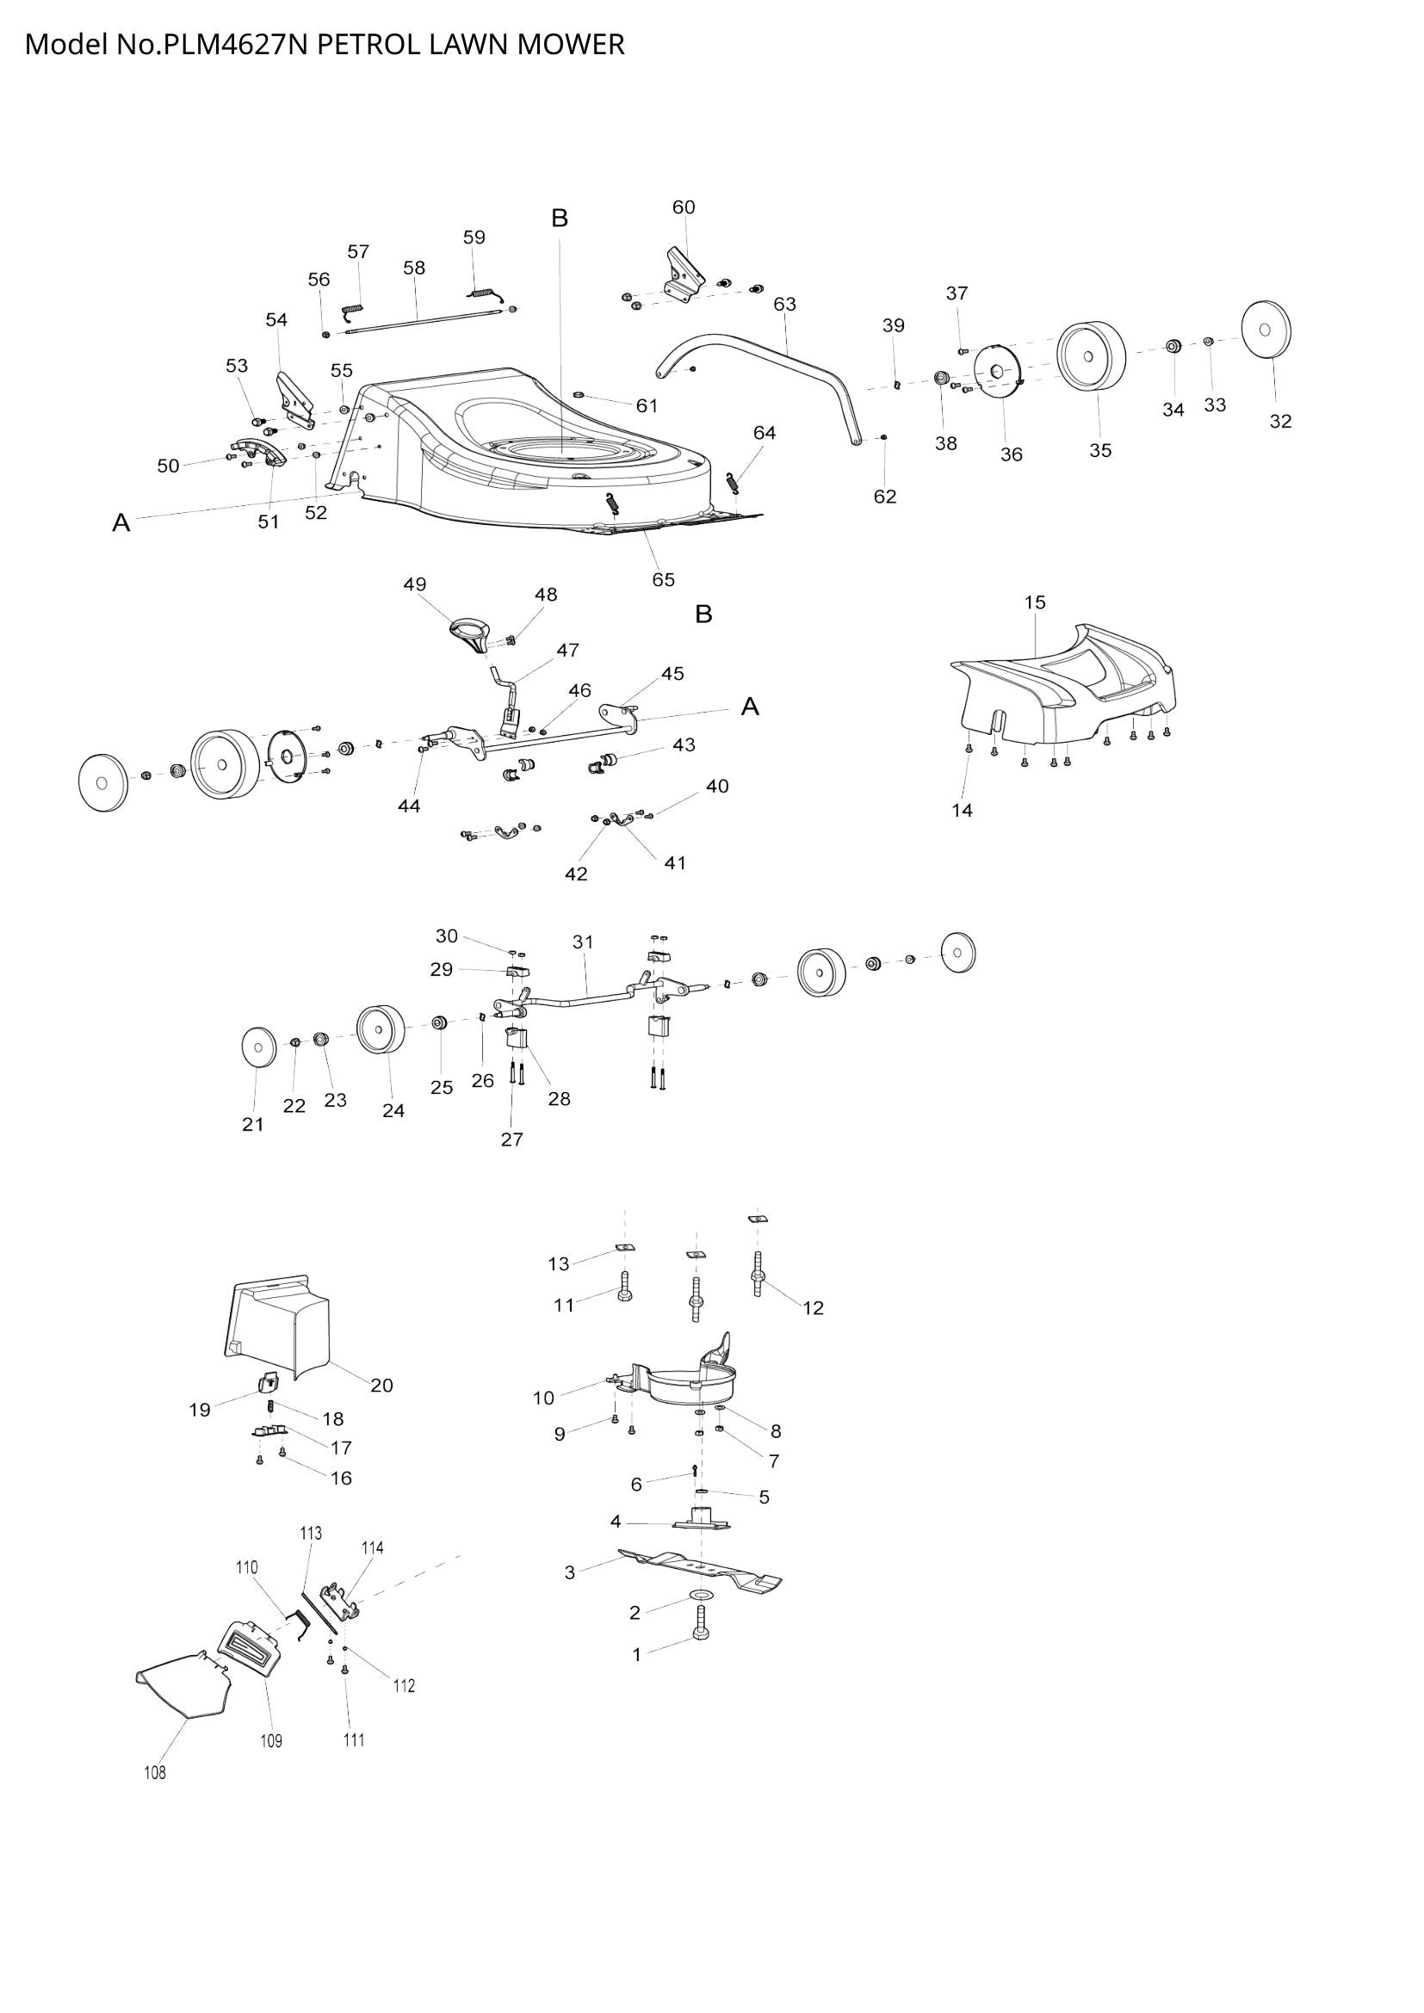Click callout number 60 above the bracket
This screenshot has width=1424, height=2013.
pyautogui.click(x=683, y=207)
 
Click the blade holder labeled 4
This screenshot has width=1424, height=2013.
pyautogui.click(x=702, y=1521)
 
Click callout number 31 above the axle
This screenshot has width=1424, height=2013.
pyautogui.click(x=583, y=942)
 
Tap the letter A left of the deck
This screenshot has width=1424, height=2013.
pyautogui.click(x=121, y=523)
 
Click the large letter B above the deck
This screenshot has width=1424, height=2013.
pyautogui.click(x=560, y=218)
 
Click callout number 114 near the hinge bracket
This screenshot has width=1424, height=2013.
pyautogui.click(x=372, y=1548)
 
